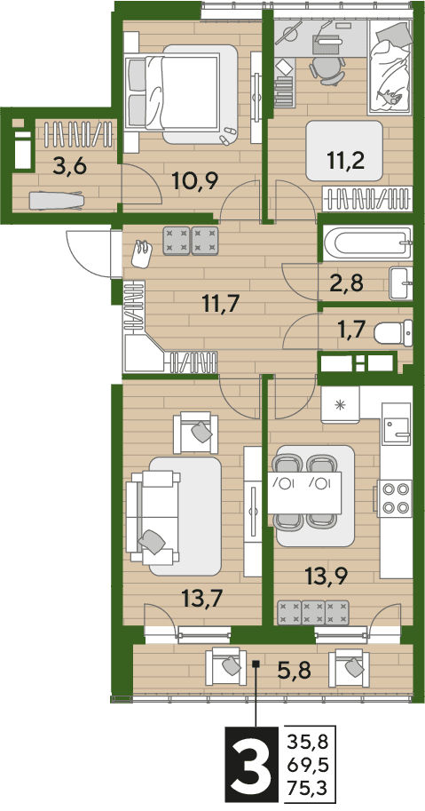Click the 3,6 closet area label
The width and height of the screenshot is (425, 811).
click(70, 167)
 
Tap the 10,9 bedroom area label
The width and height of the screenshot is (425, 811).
click(196, 180)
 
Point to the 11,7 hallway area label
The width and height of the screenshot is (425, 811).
click(221, 303)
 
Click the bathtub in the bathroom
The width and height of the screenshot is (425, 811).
click(367, 243)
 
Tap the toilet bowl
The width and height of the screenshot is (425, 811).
click(393, 332)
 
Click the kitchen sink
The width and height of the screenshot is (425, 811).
click(397, 424)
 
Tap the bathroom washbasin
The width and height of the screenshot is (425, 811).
click(401, 283)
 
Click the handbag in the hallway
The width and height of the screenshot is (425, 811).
click(142, 253)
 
